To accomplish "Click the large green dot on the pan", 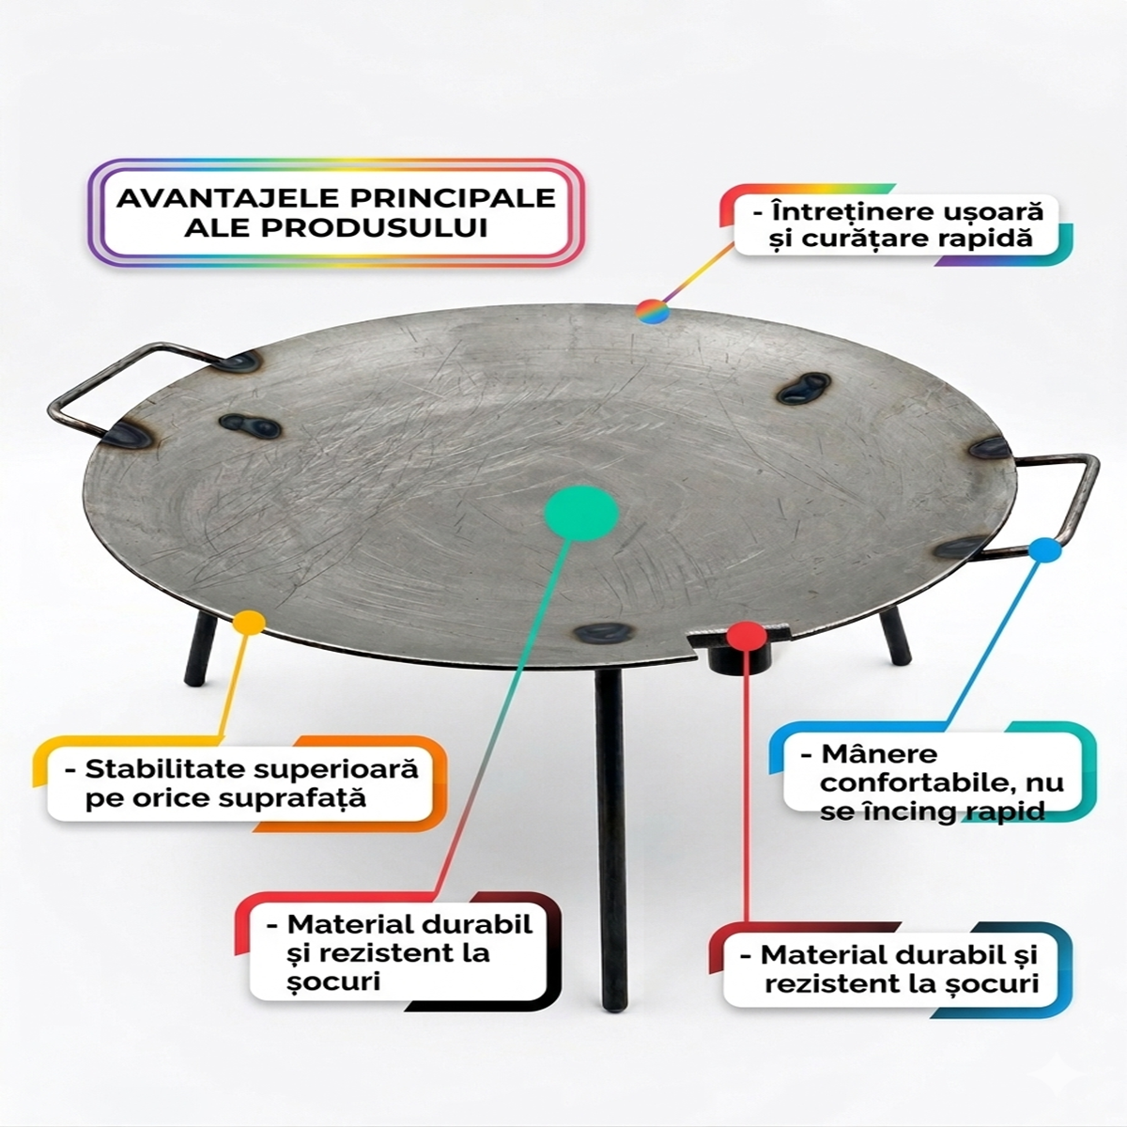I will click(x=581, y=513).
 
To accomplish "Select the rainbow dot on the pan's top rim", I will click(x=652, y=312).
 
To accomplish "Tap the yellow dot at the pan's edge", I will click(x=247, y=624).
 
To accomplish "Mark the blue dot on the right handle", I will click(x=1041, y=550).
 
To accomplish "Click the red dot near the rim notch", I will click(x=744, y=637).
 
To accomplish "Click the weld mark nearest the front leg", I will click(x=595, y=634).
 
